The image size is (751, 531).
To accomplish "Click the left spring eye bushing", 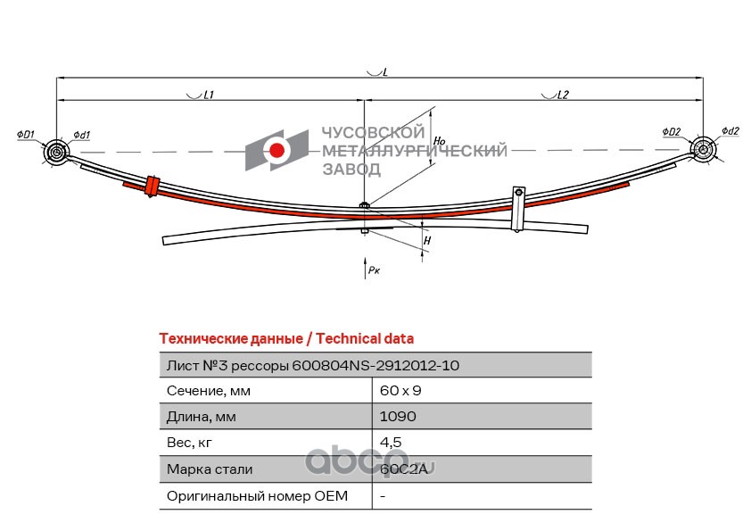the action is coord(57,153).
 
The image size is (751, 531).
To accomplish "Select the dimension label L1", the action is coord(208,94).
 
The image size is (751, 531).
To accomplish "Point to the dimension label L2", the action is coord(562,94).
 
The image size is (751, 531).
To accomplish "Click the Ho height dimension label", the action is coord(437,140).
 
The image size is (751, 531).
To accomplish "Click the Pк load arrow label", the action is coord(373,270).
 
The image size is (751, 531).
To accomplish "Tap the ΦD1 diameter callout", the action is coord(24,135).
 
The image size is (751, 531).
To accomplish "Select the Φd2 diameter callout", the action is coord(730,130).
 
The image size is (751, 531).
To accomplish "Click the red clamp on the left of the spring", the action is coord(152,185).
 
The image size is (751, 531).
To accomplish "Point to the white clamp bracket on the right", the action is coord(516,209).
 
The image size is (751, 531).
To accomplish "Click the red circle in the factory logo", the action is coord(278,152).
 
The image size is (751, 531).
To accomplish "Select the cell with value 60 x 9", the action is coord(400,390).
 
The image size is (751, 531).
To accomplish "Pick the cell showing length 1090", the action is coord(397,416).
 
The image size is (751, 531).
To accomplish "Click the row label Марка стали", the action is coord(210,469).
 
